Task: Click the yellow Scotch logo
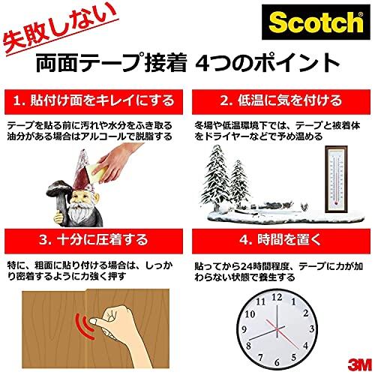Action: [316, 22]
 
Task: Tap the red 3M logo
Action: [359, 365]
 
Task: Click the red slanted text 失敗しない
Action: [60, 29]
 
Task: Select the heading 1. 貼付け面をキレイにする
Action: [94, 100]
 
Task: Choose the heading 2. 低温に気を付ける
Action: [281, 100]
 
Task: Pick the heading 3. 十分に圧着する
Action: [94, 240]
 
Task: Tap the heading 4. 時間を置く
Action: [280, 240]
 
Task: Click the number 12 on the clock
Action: [277, 297]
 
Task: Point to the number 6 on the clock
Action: [277, 362]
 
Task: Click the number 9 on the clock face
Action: [244, 329]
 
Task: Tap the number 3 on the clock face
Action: [311, 328]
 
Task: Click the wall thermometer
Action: [336, 179]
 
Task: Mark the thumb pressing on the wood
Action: [100, 323]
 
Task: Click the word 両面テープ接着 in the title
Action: [111, 63]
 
